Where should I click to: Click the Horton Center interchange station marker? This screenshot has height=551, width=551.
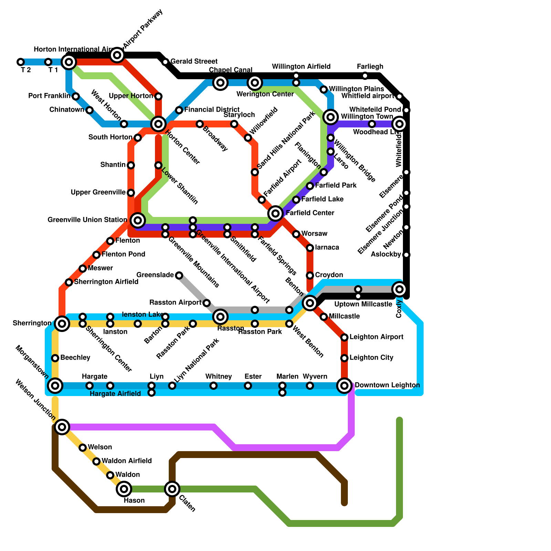pos(158,124)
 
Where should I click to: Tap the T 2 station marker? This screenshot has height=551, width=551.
pos(21,62)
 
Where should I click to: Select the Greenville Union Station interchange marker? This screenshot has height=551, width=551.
pos(138,220)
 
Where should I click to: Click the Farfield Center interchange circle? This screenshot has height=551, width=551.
pos(275,214)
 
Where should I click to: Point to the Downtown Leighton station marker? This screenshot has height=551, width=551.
pos(344,385)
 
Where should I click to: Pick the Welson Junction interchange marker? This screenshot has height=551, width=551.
pos(62,427)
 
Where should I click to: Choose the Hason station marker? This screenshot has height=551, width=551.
pos(124,489)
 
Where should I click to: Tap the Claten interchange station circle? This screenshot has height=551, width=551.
pos(172,489)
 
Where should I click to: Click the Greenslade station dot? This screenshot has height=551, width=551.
pos(179,275)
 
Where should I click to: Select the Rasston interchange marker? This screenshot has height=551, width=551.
pos(220,316)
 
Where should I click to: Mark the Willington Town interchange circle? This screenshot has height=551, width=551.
pos(331,117)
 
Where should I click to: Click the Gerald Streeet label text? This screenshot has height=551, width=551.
pos(194,62)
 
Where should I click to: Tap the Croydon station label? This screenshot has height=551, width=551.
pos(329,275)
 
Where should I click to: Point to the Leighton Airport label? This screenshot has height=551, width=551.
pos(376,337)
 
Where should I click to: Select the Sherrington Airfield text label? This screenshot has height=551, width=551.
pos(106,282)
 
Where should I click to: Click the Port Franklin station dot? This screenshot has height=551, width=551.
pos(76,96)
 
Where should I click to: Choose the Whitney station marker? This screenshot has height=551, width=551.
pos(214,386)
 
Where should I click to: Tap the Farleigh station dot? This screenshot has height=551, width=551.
pos(365,76)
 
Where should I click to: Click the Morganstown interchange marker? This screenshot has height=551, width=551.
pos(55,386)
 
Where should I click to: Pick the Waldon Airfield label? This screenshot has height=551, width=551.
pos(126,461)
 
